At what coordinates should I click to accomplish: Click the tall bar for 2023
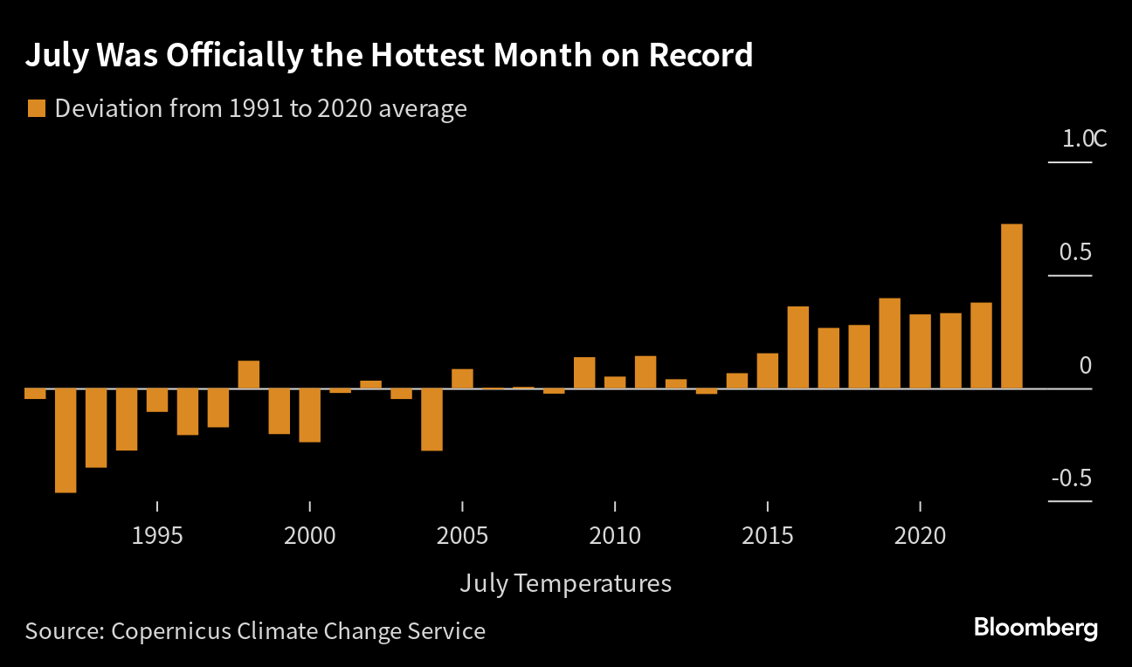pos(1011,306)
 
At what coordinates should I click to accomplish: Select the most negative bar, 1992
pos(66,440)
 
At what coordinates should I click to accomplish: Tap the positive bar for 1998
pos(249,375)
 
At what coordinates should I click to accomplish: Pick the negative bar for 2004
pos(431,419)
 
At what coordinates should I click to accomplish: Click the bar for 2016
pos(797,347)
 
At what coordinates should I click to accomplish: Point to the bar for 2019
pos(889,343)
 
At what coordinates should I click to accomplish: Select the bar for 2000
pos(309,415)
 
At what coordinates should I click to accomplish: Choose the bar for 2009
pos(584,373)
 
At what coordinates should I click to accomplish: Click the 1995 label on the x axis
pos(157,535)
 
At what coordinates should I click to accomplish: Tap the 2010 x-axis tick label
pos(615,535)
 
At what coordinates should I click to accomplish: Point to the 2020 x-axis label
pos(921,535)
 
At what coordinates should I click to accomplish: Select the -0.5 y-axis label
pos(1072,478)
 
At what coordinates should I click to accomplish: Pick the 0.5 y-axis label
pos(1075,252)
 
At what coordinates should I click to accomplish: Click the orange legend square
pos(36,109)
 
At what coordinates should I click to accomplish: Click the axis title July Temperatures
pos(565,583)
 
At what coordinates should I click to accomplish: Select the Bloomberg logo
pos(1035,628)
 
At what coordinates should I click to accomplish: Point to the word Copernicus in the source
pos(173,630)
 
